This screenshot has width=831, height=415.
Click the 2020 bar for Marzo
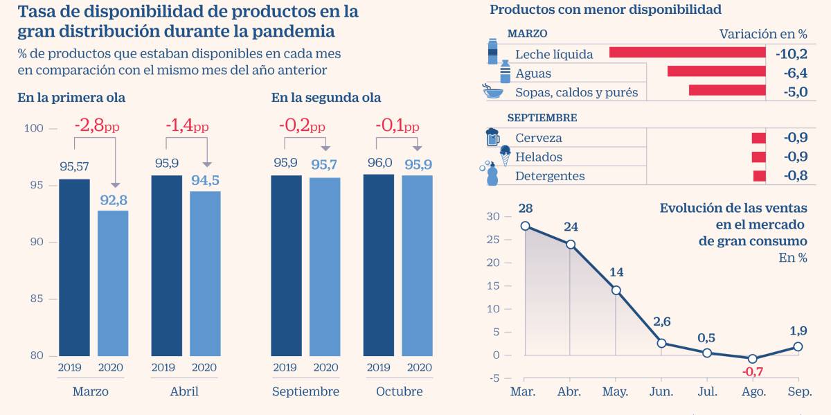click(x=113, y=283)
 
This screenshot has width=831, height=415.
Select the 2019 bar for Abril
click(x=167, y=265)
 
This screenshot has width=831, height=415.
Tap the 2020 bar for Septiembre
click(x=325, y=267)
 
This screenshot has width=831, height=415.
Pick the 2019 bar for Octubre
click(x=379, y=265)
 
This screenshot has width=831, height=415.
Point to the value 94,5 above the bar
click(x=205, y=180)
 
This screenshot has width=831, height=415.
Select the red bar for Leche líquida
click(x=687, y=53)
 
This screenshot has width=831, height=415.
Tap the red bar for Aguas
click(x=716, y=71)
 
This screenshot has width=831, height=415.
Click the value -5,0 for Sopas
click(x=792, y=91)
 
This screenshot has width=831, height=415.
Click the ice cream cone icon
click(x=505, y=156)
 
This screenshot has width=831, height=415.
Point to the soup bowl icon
click(x=493, y=91)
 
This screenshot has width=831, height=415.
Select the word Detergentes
click(x=550, y=176)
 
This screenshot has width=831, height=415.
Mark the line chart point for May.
click(x=616, y=290)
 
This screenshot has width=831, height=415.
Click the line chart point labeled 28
click(x=525, y=226)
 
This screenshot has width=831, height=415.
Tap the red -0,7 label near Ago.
click(x=752, y=371)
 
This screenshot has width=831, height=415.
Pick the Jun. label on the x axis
click(x=661, y=392)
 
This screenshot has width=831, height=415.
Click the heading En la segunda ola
click(x=325, y=98)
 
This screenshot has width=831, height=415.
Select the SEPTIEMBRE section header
click(x=542, y=118)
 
